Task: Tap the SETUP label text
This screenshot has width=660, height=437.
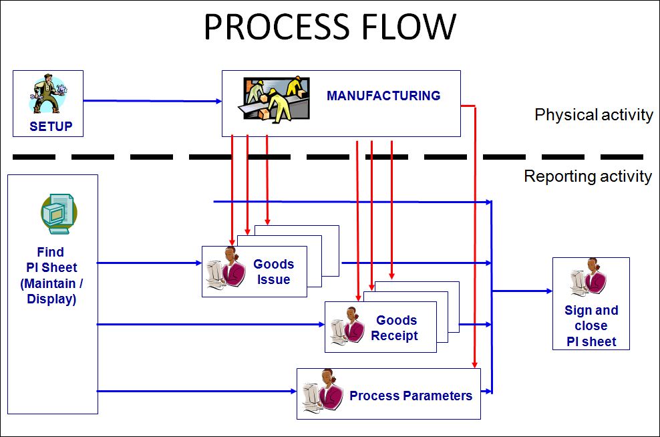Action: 51,126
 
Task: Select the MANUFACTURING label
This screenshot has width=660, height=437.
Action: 383,96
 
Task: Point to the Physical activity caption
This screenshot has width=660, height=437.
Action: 593,115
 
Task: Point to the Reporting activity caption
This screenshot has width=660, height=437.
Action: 588,176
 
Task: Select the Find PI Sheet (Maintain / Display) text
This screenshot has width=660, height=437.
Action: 51,275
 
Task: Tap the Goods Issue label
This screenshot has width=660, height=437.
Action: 273,271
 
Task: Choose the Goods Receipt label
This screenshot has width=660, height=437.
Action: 395,328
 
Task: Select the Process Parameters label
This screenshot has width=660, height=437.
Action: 410,396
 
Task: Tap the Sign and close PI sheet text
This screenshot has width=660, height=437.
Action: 591,326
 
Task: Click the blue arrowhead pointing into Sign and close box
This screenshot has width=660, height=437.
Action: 549,291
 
